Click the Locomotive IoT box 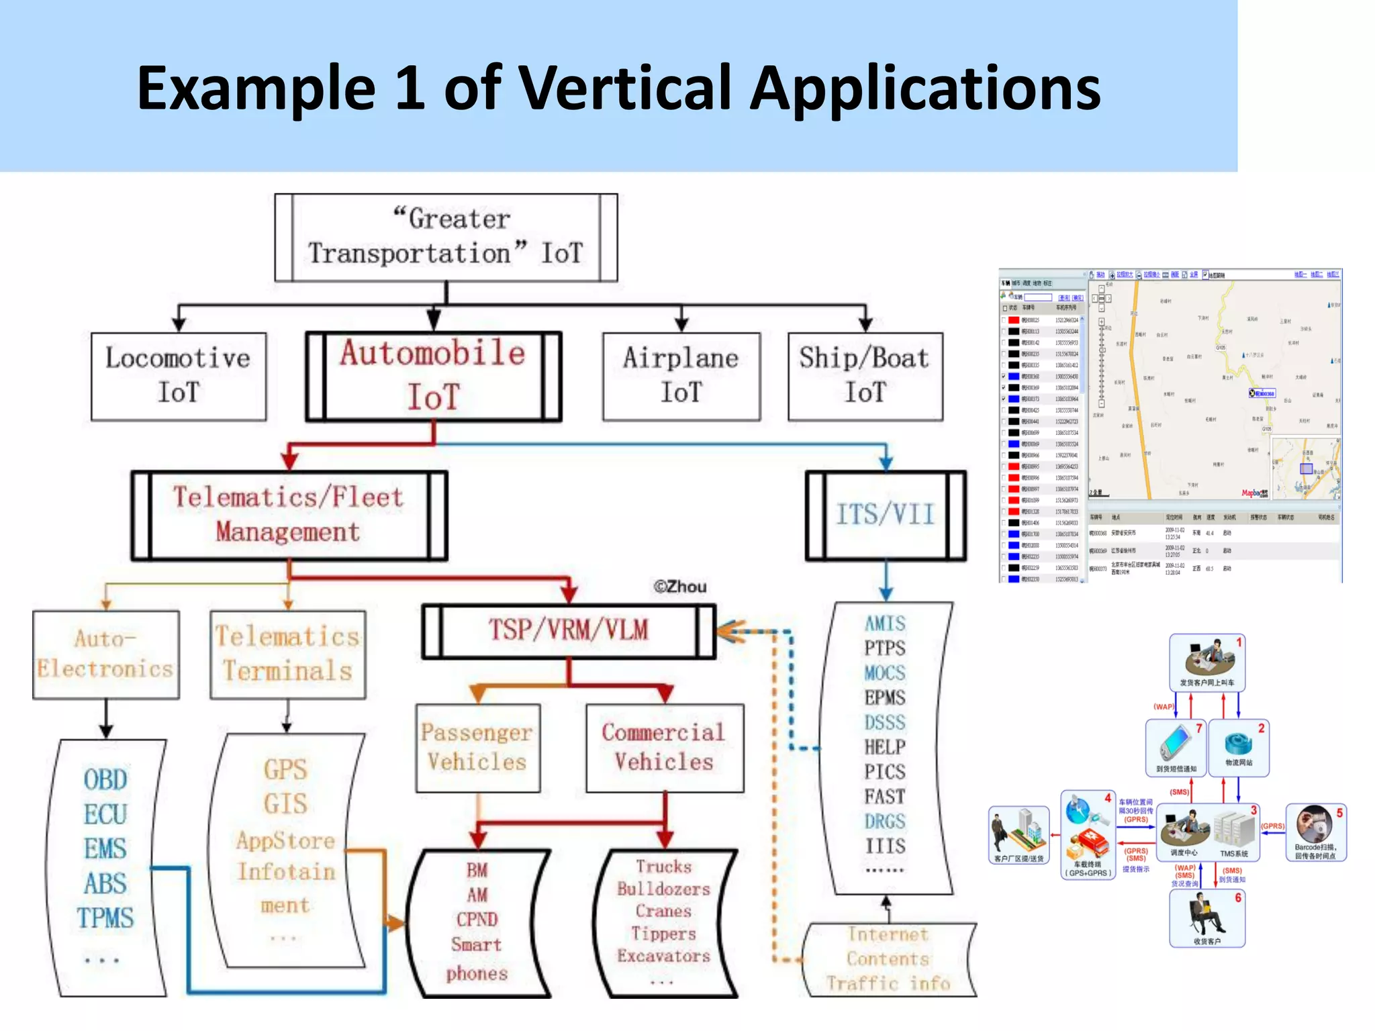[179, 377]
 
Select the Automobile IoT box [433, 377]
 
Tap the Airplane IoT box [681, 377]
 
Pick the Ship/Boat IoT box [865, 377]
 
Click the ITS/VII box [885, 515]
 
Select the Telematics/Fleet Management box [289, 515]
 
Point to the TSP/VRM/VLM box [568, 631]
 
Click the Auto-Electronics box [105, 654]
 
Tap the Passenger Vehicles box [477, 748]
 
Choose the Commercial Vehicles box [664, 748]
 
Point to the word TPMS [105, 918]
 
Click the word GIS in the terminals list [285, 804]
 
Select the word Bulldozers [663, 889]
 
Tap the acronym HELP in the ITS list [885, 747]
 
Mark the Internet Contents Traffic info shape [888, 960]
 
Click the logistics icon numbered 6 [1207, 918]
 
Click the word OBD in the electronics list [105, 780]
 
